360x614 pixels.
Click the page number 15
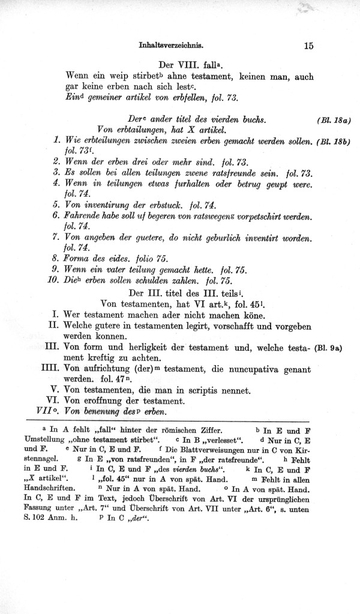(309, 44)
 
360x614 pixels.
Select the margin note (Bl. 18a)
(333, 120)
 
